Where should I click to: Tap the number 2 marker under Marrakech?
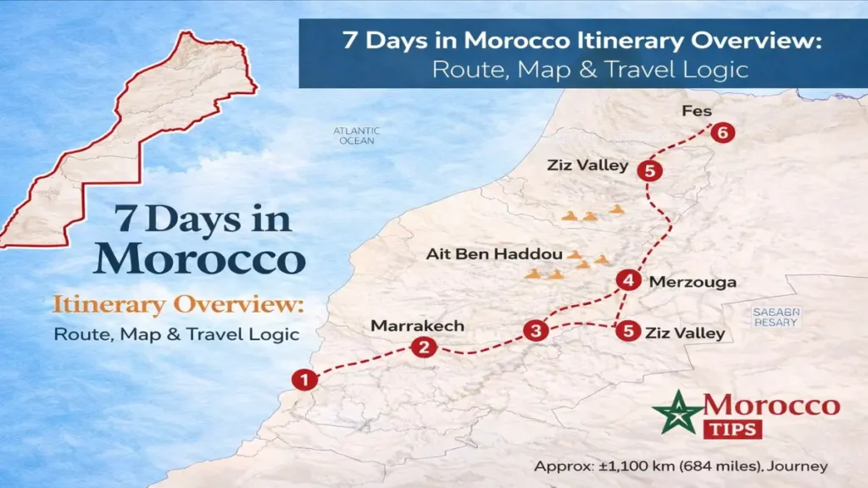point(424,347)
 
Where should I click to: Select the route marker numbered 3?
point(535,330)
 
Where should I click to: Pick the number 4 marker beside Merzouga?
point(628,280)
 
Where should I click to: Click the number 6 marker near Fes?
point(721,132)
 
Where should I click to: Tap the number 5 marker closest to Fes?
point(649,170)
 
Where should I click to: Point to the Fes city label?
point(695,111)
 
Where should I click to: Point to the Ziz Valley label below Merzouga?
point(685,332)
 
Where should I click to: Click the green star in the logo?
point(677,412)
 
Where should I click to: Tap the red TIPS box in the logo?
point(732,429)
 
